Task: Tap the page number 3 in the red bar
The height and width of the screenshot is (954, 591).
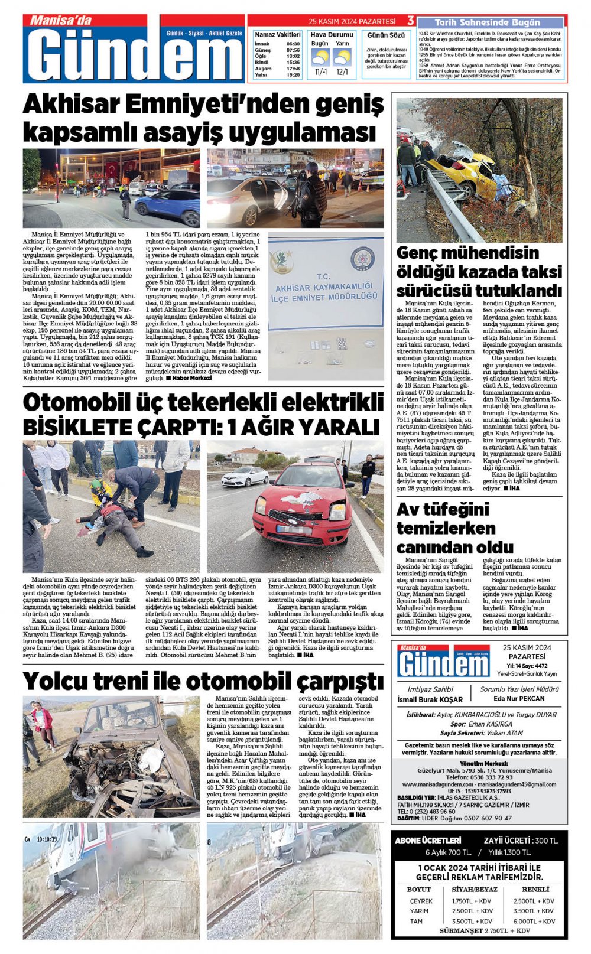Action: [410, 21]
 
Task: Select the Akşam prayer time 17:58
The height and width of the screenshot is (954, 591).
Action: [293, 69]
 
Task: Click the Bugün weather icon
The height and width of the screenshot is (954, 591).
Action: [320, 57]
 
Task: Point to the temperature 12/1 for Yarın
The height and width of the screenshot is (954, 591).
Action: [342, 72]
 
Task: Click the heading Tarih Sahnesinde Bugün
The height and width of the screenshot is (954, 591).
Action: [492, 22]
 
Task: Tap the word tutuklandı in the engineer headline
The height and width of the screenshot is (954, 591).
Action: [518, 291]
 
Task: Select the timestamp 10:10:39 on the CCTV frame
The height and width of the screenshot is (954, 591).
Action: [47, 839]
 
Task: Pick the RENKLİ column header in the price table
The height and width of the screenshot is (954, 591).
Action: [535, 889]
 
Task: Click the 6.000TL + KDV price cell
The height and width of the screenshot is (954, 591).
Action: [534, 921]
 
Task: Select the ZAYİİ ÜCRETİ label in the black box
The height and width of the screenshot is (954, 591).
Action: [506, 840]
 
